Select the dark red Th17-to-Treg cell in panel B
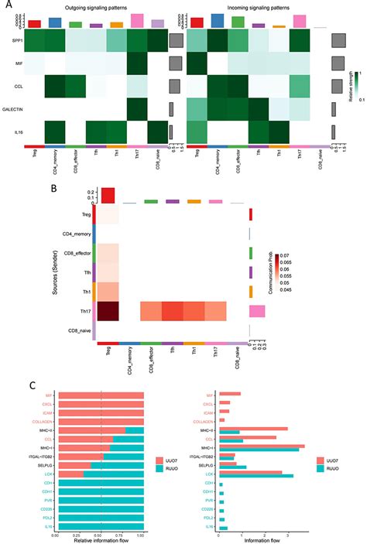(108, 311)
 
